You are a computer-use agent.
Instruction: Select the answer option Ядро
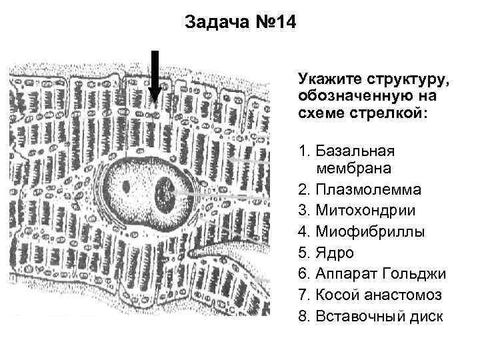point(335,253)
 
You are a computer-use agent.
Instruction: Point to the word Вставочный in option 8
point(357,315)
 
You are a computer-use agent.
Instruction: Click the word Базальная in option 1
point(356,148)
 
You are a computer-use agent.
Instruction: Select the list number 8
point(304,315)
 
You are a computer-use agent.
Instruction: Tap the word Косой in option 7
point(336,295)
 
